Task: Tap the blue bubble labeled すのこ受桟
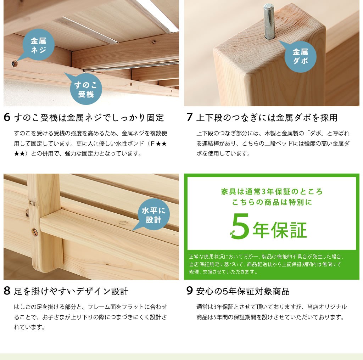86,90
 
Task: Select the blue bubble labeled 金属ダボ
300,56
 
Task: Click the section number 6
7,117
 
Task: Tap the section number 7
190,117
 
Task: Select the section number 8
7,291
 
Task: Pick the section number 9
190,291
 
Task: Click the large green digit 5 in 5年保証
241,226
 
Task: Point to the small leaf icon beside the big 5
232,234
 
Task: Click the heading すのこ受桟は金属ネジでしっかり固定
89,118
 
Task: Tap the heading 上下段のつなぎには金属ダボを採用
267,118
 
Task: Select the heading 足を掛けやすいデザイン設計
71,292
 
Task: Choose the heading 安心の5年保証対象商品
243,292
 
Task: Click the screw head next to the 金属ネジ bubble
14,64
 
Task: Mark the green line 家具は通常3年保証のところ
272,192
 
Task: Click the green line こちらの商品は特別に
272,202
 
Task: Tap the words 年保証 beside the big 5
280,230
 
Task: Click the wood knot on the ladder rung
123,223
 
